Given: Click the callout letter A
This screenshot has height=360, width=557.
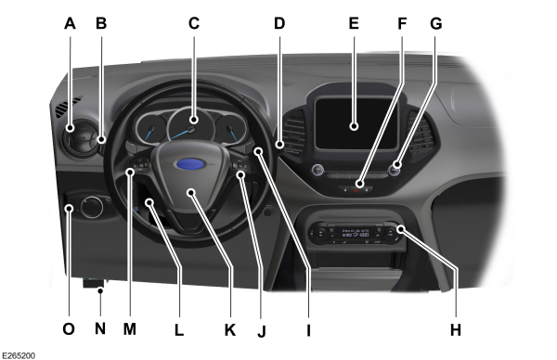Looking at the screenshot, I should click(x=70, y=25).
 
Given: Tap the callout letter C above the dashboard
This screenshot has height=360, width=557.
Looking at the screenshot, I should click(x=194, y=25).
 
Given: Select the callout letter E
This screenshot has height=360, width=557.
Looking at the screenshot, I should click(x=353, y=25).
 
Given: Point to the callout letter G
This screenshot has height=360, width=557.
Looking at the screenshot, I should click(x=436, y=25).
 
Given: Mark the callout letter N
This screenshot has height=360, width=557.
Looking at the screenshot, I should click(x=100, y=328).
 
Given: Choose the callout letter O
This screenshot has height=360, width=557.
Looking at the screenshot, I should click(x=69, y=328).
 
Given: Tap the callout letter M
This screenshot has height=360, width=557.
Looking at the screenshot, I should click(x=130, y=328).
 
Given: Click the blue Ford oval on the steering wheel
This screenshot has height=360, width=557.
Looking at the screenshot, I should click(x=190, y=164).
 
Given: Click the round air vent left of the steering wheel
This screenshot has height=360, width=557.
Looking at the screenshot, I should click(x=72, y=143).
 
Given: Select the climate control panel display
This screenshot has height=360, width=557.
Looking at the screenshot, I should click(x=353, y=234).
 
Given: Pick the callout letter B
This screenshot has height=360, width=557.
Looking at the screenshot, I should click(x=101, y=25).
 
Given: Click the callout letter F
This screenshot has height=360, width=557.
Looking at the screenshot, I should click(x=402, y=25).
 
